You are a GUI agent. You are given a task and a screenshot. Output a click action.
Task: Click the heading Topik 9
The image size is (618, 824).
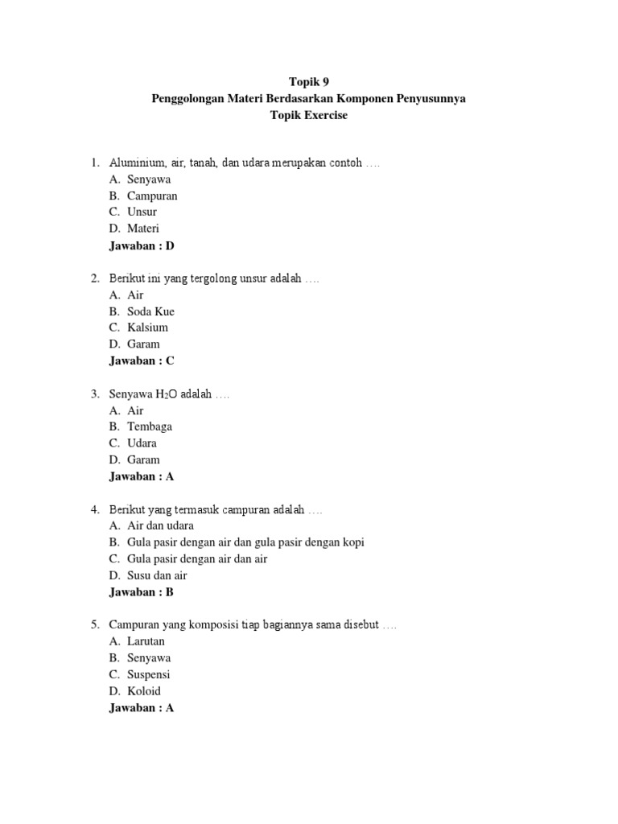point(309,81)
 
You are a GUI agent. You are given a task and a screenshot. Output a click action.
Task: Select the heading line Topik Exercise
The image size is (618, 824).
point(309,115)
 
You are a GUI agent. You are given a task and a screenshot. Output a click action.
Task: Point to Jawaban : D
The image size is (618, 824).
point(142,245)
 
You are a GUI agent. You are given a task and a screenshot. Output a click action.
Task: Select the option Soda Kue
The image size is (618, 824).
point(150,311)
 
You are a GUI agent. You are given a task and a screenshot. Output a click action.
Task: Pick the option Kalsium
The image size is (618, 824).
point(147,328)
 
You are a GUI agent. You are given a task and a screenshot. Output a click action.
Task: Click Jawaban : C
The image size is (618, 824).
point(142,360)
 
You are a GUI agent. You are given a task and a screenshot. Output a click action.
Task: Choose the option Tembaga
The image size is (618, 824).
point(150,426)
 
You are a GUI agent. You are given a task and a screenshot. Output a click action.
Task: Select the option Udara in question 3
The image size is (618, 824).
point(142,443)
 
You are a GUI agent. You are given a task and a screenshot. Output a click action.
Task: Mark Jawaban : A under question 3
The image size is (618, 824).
point(142,476)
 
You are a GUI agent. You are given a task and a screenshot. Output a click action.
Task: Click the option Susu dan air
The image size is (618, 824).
point(157,575)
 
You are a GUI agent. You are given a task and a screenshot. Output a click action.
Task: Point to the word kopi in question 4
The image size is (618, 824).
point(352,542)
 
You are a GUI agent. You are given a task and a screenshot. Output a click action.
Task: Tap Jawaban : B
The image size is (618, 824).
point(142,592)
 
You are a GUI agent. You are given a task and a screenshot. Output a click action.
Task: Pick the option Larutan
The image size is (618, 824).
point(146,641)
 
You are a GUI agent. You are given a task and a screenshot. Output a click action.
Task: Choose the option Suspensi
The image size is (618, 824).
point(148,674)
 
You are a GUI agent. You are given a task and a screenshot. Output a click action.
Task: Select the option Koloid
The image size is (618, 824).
point(144,691)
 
